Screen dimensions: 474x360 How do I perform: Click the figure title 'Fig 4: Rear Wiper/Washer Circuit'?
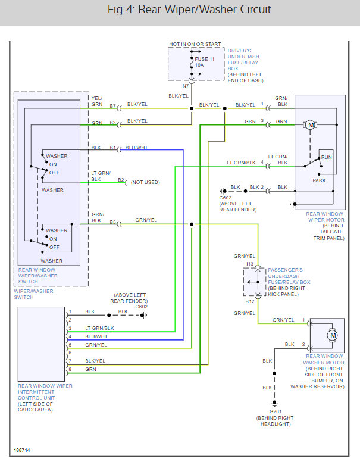pyautogui.click(x=180, y=10)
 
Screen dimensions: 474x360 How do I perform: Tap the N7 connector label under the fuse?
pyautogui.click(x=185, y=86)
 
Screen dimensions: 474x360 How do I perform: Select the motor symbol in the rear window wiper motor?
pyautogui.click(x=310, y=124)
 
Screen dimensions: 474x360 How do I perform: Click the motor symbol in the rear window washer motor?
pyautogui.click(x=333, y=335)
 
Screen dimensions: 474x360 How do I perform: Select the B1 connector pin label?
pyautogui.click(x=112, y=148)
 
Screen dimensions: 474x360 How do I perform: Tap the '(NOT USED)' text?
pyautogui.click(x=145, y=182)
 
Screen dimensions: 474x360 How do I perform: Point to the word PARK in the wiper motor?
pyautogui.click(x=319, y=180)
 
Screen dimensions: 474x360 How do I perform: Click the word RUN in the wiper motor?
pyautogui.click(x=326, y=158)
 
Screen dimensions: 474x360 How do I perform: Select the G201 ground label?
pyautogui.click(x=274, y=413)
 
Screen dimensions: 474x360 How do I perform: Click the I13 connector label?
pyautogui.click(x=250, y=264)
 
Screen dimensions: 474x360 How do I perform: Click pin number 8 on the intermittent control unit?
pyautogui.click(x=70, y=370)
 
